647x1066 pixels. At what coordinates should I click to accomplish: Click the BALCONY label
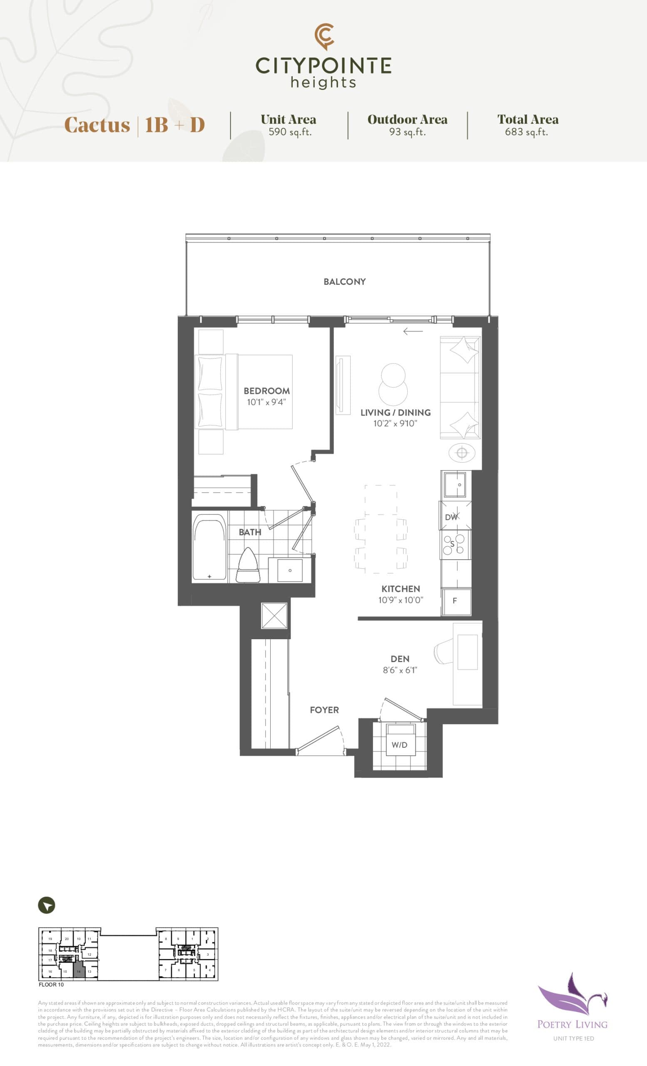point(344,281)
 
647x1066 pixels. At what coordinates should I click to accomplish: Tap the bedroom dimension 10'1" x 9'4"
point(266,402)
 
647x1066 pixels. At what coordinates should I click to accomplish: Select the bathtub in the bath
point(209,547)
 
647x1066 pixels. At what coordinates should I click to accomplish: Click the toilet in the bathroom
point(248,566)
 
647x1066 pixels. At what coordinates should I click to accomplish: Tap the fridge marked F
point(455,600)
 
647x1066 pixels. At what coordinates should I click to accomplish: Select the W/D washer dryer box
point(399,745)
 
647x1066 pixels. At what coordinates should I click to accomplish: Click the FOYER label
point(324,710)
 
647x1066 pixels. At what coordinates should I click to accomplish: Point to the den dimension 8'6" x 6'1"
point(400,670)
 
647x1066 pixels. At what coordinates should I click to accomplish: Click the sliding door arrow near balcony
point(413,331)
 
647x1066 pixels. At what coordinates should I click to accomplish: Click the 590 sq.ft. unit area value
point(290,132)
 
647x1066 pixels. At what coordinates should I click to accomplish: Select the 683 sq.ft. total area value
point(526,132)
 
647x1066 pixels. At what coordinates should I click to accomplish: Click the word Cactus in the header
point(97,125)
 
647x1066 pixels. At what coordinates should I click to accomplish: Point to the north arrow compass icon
point(47,906)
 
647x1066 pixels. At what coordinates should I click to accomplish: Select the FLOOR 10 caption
point(51,985)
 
